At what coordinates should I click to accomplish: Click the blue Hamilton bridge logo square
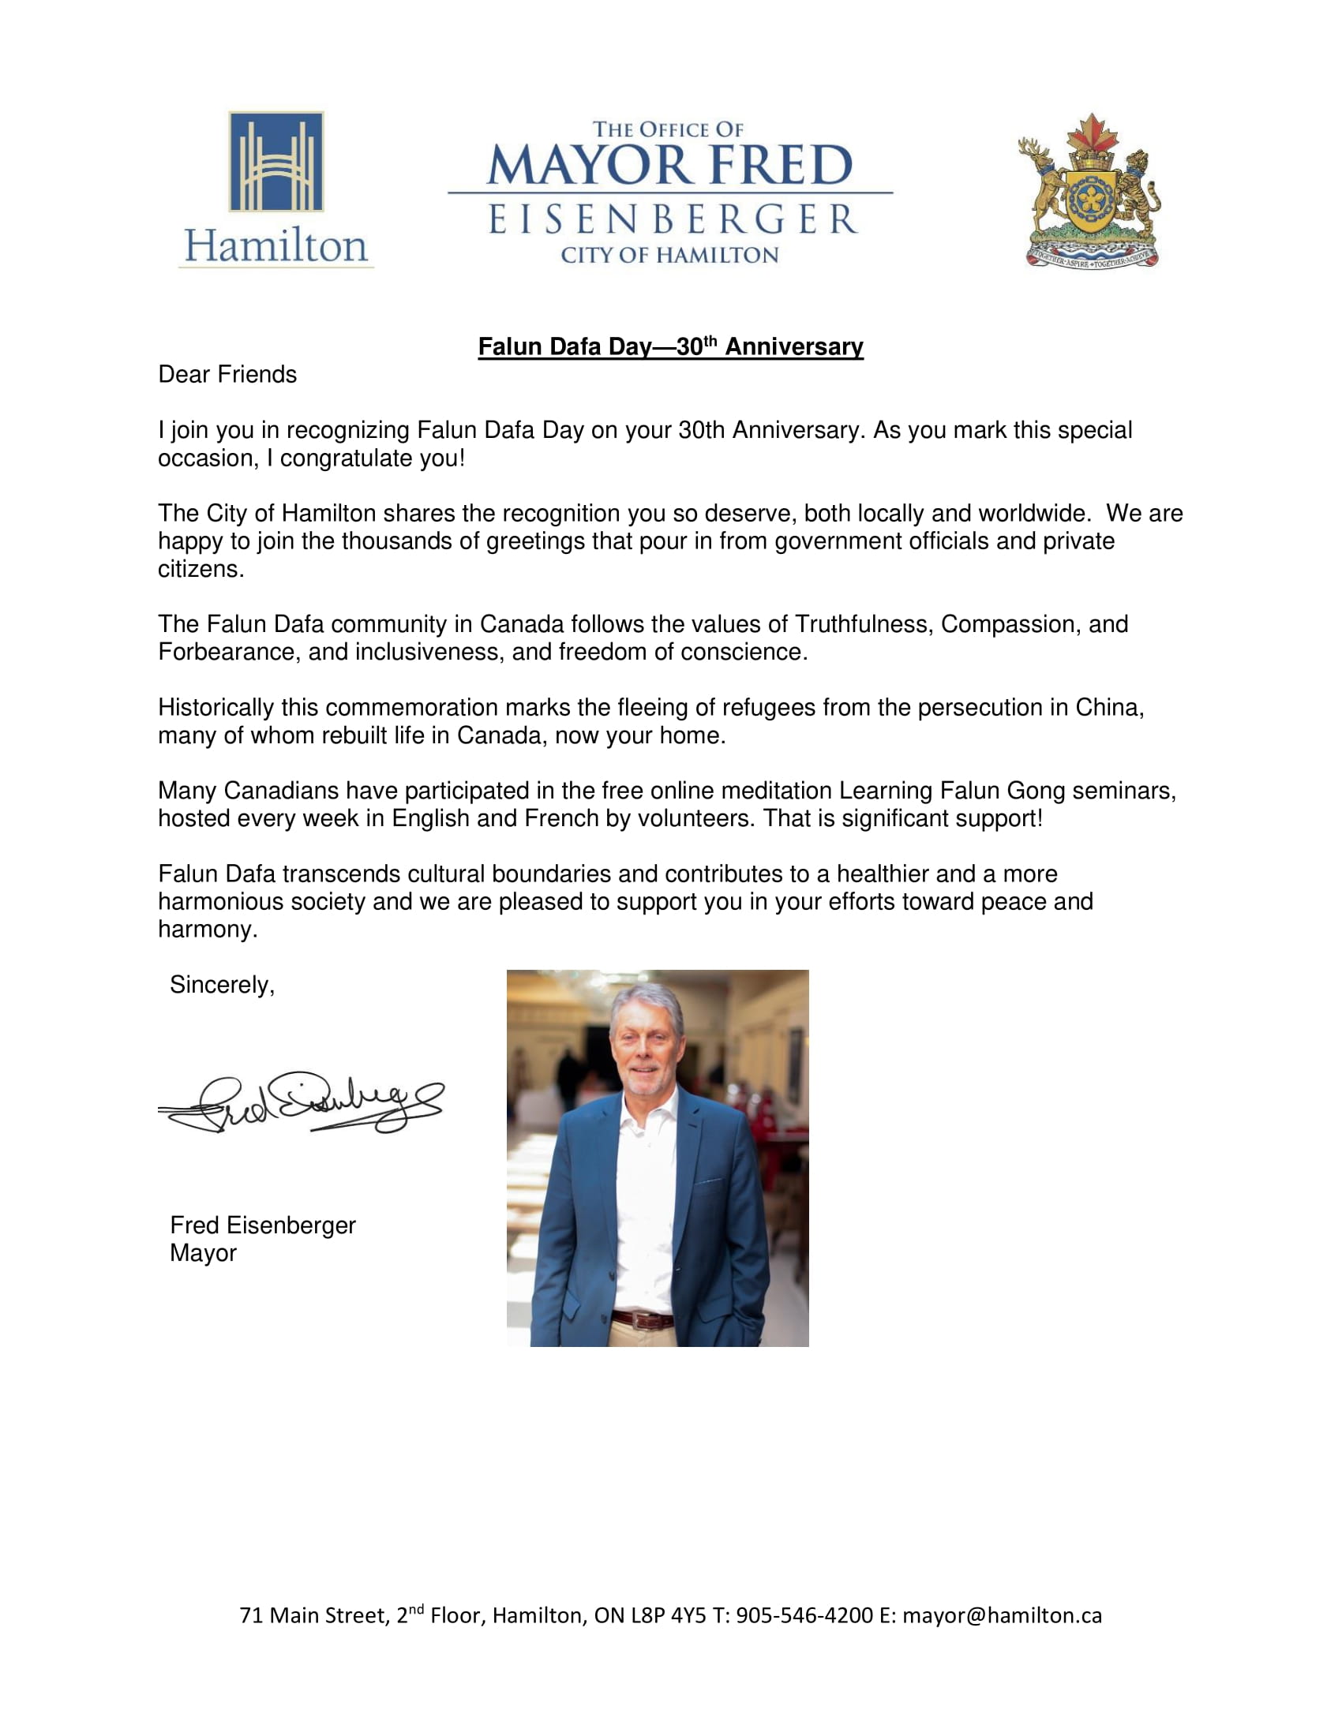point(276,161)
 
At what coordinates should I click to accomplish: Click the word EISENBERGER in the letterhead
point(672,219)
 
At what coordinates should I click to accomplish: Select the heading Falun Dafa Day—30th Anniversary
point(670,346)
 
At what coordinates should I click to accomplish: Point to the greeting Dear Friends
point(227,374)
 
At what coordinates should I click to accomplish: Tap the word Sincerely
point(222,985)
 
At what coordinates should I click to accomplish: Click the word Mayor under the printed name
point(203,1253)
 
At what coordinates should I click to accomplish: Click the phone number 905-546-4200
point(804,1615)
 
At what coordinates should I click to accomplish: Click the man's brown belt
point(643,1320)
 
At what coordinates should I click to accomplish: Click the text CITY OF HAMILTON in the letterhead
point(669,255)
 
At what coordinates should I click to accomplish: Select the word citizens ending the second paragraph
point(201,569)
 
